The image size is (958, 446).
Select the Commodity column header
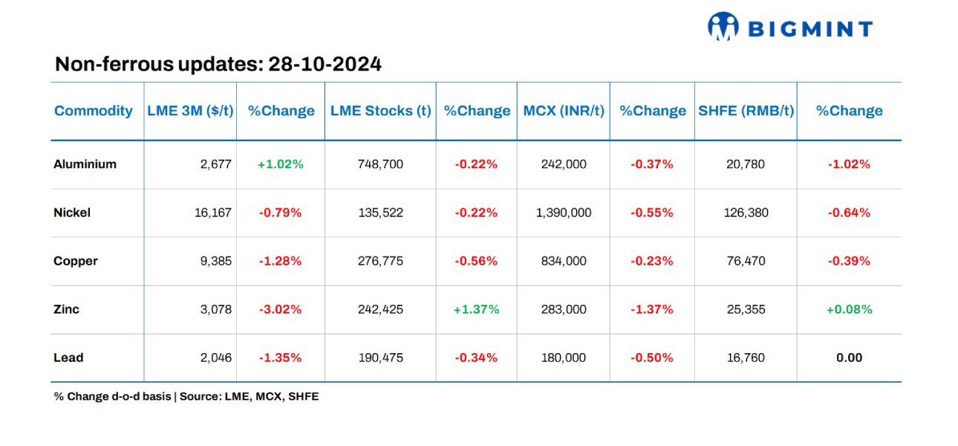coord(94,111)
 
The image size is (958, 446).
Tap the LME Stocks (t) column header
coord(380,111)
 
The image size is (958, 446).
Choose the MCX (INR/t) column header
coord(564,111)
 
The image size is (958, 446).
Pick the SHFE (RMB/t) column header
coord(746,111)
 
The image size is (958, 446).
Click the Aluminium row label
coord(85,164)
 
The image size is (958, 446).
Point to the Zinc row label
coord(66,309)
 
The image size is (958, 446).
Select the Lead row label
coord(68,358)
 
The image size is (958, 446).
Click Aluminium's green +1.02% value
coord(281,164)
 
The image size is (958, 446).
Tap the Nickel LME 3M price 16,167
coord(212,213)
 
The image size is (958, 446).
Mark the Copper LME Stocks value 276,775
coord(380,261)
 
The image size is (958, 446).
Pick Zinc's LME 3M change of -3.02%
coord(281,309)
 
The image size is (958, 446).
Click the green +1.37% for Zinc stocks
coord(477,309)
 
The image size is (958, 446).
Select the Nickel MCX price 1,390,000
coord(564,213)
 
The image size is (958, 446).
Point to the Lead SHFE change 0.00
coord(849,358)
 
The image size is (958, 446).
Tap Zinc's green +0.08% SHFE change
coord(849,309)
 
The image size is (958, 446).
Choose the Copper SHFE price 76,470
coord(746,261)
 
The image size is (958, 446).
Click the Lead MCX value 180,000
coord(564,358)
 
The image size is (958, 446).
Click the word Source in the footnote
coord(198,397)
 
